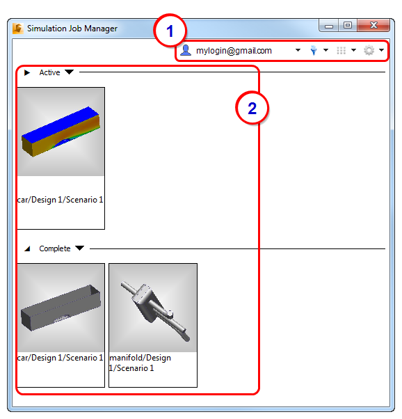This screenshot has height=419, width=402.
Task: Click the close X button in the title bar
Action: tap(373, 25)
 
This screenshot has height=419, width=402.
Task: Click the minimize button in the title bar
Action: tap(329, 26)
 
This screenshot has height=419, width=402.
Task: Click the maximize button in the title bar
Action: tap(348, 25)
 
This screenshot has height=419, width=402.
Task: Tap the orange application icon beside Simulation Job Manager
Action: tap(18, 29)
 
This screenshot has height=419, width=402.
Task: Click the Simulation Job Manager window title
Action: tap(72, 29)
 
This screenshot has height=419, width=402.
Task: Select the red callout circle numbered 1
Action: tap(170, 31)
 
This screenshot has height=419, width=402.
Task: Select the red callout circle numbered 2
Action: tap(252, 108)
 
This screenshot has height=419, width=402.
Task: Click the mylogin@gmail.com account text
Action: tap(234, 51)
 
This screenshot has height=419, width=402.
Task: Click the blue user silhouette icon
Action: tap(186, 50)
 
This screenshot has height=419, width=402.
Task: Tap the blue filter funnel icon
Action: tap(314, 50)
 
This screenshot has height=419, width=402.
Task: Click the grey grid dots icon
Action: tap(341, 50)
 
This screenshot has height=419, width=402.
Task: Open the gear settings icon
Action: tap(369, 50)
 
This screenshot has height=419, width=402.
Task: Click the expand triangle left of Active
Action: tap(27, 72)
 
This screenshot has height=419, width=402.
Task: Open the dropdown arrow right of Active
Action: tap(69, 72)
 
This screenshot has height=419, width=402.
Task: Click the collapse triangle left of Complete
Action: tap(27, 248)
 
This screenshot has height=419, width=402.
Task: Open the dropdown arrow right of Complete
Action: tap(79, 248)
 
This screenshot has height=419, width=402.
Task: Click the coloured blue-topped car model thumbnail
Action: tap(61, 132)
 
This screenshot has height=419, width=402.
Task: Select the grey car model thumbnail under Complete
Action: tap(61, 308)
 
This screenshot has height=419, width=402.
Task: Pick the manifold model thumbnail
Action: tap(153, 308)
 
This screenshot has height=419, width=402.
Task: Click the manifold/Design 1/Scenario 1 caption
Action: tap(140, 363)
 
